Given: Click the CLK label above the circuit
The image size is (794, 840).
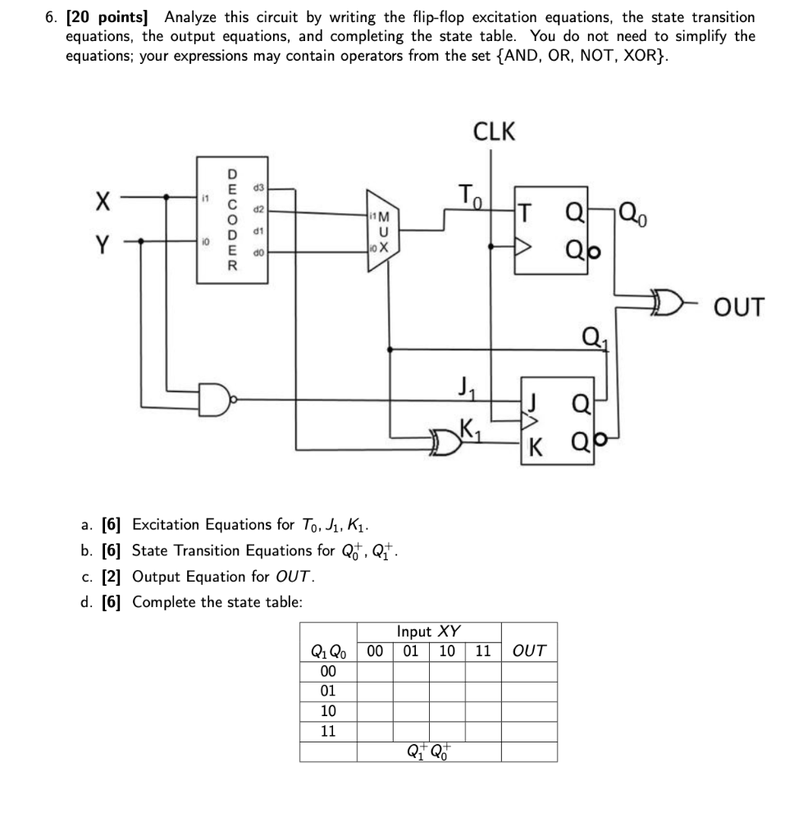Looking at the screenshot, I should tap(494, 131).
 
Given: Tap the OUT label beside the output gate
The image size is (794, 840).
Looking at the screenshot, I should tap(739, 308).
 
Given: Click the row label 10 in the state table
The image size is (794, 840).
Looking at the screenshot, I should tap(327, 711).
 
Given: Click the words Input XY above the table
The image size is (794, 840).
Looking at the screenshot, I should tap(428, 632).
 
